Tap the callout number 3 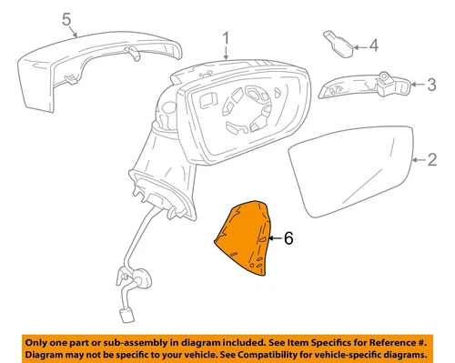pos(433,86)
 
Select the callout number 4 pos(373,45)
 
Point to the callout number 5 pos(65,19)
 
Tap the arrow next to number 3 pos(418,86)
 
